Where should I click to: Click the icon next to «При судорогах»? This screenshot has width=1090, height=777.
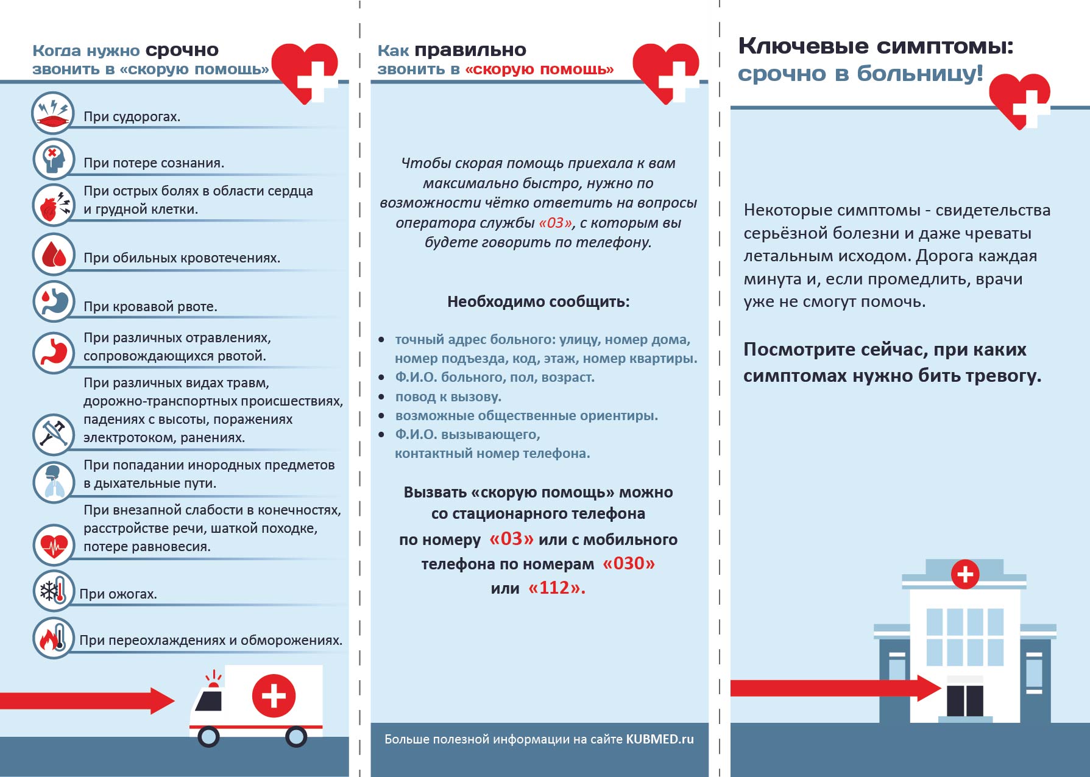[x=53, y=114]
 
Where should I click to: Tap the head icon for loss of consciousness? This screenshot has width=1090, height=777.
[x=54, y=160]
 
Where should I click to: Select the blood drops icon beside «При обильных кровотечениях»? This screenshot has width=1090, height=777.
[x=54, y=255]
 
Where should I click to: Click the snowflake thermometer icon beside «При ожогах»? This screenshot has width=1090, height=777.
[x=54, y=591]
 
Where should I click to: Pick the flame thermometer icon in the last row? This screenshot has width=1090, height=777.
[x=54, y=638]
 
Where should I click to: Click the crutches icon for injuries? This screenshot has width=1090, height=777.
[x=54, y=434]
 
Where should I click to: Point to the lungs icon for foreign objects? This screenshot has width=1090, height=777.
[x=54, y=481]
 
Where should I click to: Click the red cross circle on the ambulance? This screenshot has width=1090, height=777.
[x=274, y=695]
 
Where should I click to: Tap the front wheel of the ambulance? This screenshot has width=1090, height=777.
[x=208, y=737]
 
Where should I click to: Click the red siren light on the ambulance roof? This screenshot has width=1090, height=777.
[x=213, y=685]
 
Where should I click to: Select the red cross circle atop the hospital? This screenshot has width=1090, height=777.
[x=965, y=574]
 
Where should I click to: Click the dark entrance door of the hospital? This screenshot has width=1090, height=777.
[x=965, y=700]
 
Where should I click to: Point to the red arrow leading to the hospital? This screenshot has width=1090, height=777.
[x=835, y=688]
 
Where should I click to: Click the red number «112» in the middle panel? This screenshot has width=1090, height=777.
[x=556, y=588]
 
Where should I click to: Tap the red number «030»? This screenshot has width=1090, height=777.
[x=628, y=563]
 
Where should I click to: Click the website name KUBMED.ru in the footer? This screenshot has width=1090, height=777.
[x=660, y=739]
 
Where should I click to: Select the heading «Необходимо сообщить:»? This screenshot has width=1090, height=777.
[x=539, y=301]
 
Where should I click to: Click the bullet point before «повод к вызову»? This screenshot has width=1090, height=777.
[x=381, y=397]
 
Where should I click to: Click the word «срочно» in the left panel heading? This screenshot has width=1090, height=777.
[x=182, y=50]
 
